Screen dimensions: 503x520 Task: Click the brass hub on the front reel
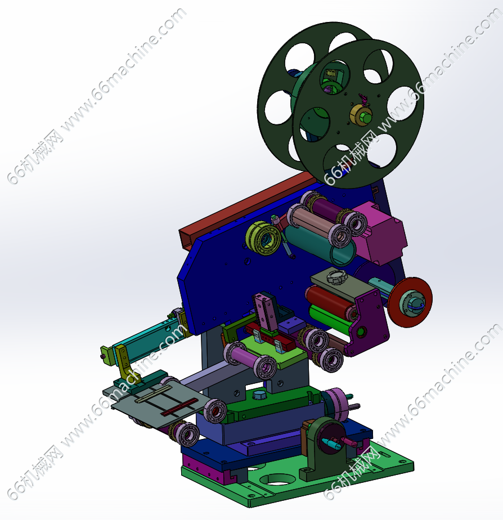(361, 115)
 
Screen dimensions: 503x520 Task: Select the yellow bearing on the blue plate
(263, 238)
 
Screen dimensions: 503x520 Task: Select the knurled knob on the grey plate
(336, 276)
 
